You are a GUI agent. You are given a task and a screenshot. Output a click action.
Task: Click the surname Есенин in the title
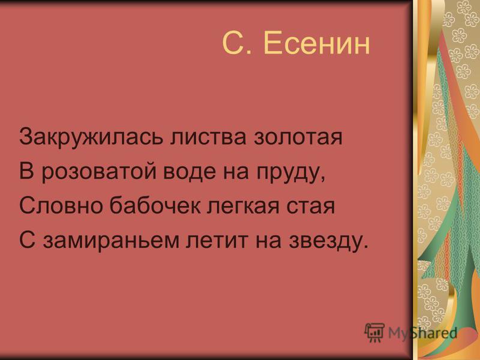(x=317, y=43)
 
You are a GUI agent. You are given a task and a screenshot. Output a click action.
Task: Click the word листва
(x=208, y=137)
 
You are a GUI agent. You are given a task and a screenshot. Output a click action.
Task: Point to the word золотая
(x=298, y=137)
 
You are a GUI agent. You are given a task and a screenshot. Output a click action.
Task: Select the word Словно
(x=61, y=206)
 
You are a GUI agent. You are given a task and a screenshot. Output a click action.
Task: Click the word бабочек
(x=155, y=205)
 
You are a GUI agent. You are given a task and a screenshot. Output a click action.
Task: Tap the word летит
(x=216, y=241)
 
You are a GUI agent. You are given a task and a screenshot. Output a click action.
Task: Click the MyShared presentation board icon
(x=374, y=332)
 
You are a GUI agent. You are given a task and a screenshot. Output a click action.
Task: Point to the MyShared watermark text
(x=423, y=333)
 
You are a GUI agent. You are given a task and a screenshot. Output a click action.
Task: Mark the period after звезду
(x=364, y=247)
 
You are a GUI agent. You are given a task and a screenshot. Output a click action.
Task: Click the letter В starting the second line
(x=26, y=171)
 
